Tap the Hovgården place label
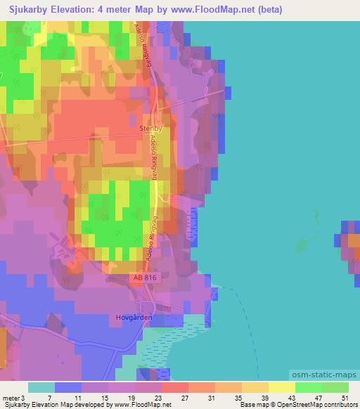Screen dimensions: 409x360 [133, 317]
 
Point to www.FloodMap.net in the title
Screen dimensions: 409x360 [203, 8]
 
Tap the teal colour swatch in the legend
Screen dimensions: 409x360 [41, 387]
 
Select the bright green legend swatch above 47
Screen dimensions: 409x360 [309, 387]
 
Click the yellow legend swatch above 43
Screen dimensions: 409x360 [282, 387]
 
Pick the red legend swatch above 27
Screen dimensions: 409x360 [175, 387]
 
